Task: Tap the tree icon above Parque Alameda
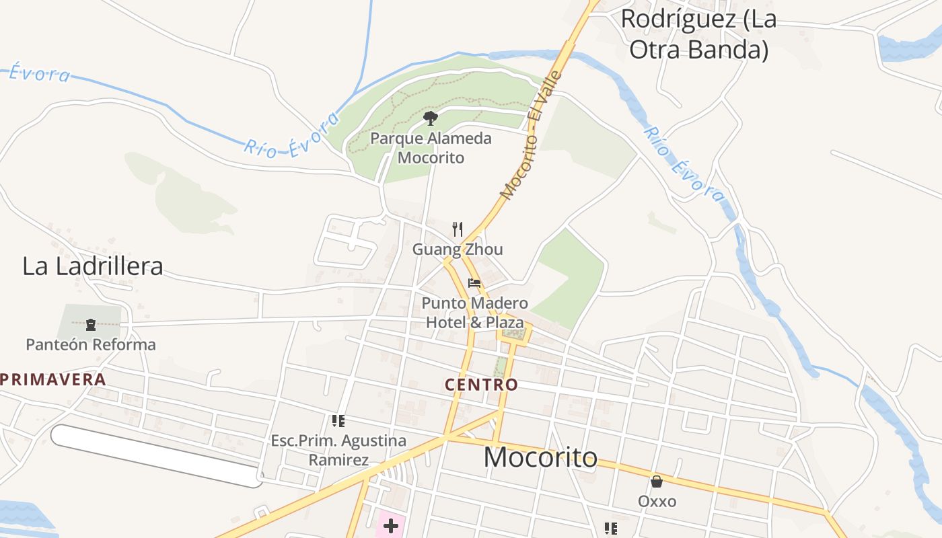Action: pyautogui.click(x=431, y=119)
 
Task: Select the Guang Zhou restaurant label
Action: pyautogui.click(x=458, y=249)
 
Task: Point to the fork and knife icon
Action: pyautogui.click(x=458, y=229)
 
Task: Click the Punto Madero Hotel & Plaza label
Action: pyautogui.click(x=474, y=313)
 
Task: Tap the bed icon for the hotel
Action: pyautogui.click(x=474, y=283)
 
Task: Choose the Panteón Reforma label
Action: pyautogui.click(x=91, y=344)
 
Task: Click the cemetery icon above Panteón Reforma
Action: pyautogui.click(x=91, y=325)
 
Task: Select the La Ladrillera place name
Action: pyautogui.click(x=93, y=266)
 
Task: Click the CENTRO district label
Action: pyautogui.click(x=481, y=385)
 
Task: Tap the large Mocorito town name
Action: pyautogui.click(x=540, y=457)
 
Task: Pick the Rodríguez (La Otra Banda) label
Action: pyautogui.click(x=698, y=34)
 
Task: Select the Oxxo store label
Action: pyautogui.click(x=657, y=502)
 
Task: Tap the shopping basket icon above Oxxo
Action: pyautogui.click(x=657, y=482)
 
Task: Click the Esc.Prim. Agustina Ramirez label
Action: pyautogui.click(x=338, y=451)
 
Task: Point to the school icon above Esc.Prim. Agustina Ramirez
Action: pyautogui.click(x=338, y=421)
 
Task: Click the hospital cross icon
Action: pyautogui.click(x=390, y=525)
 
